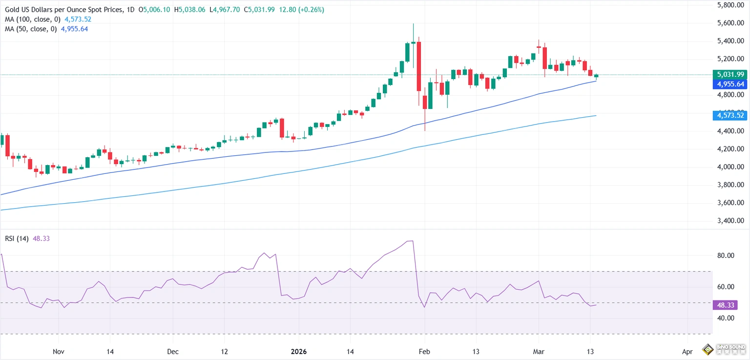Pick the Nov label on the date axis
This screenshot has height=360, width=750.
(x=58, y=351)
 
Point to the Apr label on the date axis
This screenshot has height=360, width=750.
(x=687, y=351)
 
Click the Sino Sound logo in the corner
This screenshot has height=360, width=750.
(x=725, y=350)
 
